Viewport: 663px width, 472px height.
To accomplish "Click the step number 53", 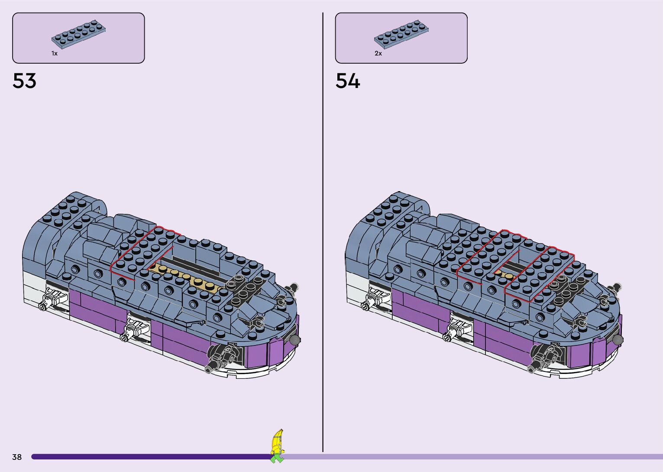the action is click(25, 81).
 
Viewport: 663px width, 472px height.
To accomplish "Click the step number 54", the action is click(348, 81).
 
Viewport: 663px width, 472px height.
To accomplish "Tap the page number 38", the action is click(17, 457).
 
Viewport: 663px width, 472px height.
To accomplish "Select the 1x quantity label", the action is click(55, 53).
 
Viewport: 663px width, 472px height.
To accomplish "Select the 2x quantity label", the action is click(378, 53).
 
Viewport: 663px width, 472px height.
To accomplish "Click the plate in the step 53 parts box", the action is click(78, 34).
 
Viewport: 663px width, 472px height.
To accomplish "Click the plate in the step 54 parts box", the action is click(401, 34).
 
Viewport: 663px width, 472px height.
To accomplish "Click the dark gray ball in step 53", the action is click(295, 340).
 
